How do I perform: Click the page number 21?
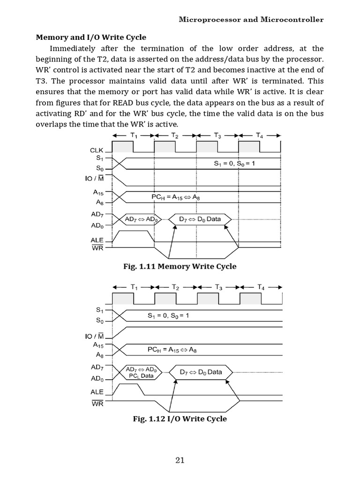point(180,460)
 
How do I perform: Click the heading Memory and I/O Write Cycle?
point(91,37)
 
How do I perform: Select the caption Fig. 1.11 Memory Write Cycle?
point(180,267)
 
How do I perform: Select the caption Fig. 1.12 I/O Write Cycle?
point(180,419)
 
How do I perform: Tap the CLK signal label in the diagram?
point(97,150)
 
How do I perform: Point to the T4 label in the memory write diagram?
point(260,136)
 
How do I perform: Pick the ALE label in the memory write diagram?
point(97,240)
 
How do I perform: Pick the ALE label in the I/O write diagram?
point(97,391)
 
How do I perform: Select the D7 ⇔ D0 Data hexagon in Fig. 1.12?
point(201,372)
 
